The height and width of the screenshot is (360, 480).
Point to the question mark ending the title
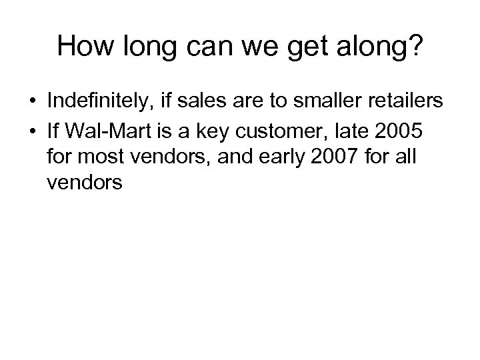click(x=415, y=46)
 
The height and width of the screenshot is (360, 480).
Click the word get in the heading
click(x=295, y=47)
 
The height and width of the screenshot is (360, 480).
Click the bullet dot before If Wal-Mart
click(x=31, y=132)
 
